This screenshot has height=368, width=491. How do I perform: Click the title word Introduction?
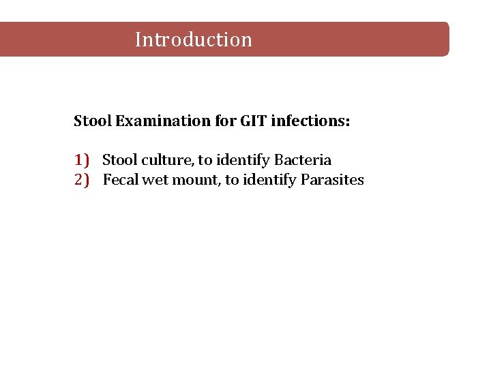[194, 40]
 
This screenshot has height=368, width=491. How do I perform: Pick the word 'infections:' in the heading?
[310, 121]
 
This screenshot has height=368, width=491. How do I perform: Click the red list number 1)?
[82, 160]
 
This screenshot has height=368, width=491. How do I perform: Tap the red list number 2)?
[82, 180]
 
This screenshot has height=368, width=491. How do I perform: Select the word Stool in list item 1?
[119, 160]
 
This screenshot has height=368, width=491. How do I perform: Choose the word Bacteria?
[303, 160]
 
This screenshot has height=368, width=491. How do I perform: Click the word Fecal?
[120, 180]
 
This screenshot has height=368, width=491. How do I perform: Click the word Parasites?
[332, 180]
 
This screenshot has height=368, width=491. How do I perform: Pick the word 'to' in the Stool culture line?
[205, 161]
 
